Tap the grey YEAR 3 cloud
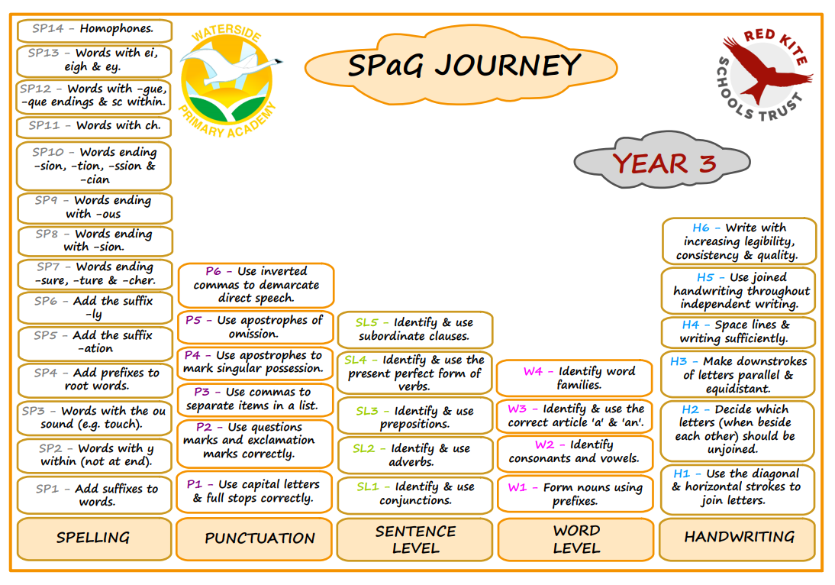(x=662, y=161)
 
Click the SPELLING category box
(x=94, y=538)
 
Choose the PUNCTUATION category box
(x=255, y=538)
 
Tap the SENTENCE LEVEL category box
(x=415, y=539)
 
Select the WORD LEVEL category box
(x=575, y=539)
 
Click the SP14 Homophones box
(x=94, y=30)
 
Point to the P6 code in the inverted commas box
(x=213, y=271)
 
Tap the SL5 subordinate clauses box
(x=415, y=329)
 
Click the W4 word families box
(x=575, y=378)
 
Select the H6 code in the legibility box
(x=700, y=228)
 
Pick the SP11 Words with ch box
(x=94, y=126)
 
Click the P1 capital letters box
(x=255, y=492)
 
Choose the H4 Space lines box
(x=738, y=332)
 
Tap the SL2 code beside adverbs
(x=364, y=448)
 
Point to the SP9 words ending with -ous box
(x=95, y=208)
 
